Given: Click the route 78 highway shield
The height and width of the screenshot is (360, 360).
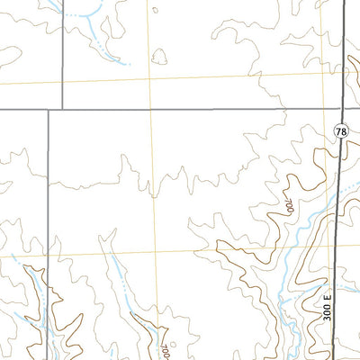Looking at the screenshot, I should (340, 131).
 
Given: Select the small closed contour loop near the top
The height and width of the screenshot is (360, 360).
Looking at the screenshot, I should (160, 58).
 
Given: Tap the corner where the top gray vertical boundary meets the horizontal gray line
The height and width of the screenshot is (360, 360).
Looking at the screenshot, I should (61, 109).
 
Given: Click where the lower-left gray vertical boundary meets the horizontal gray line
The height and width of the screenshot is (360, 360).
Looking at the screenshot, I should (48, 109).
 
